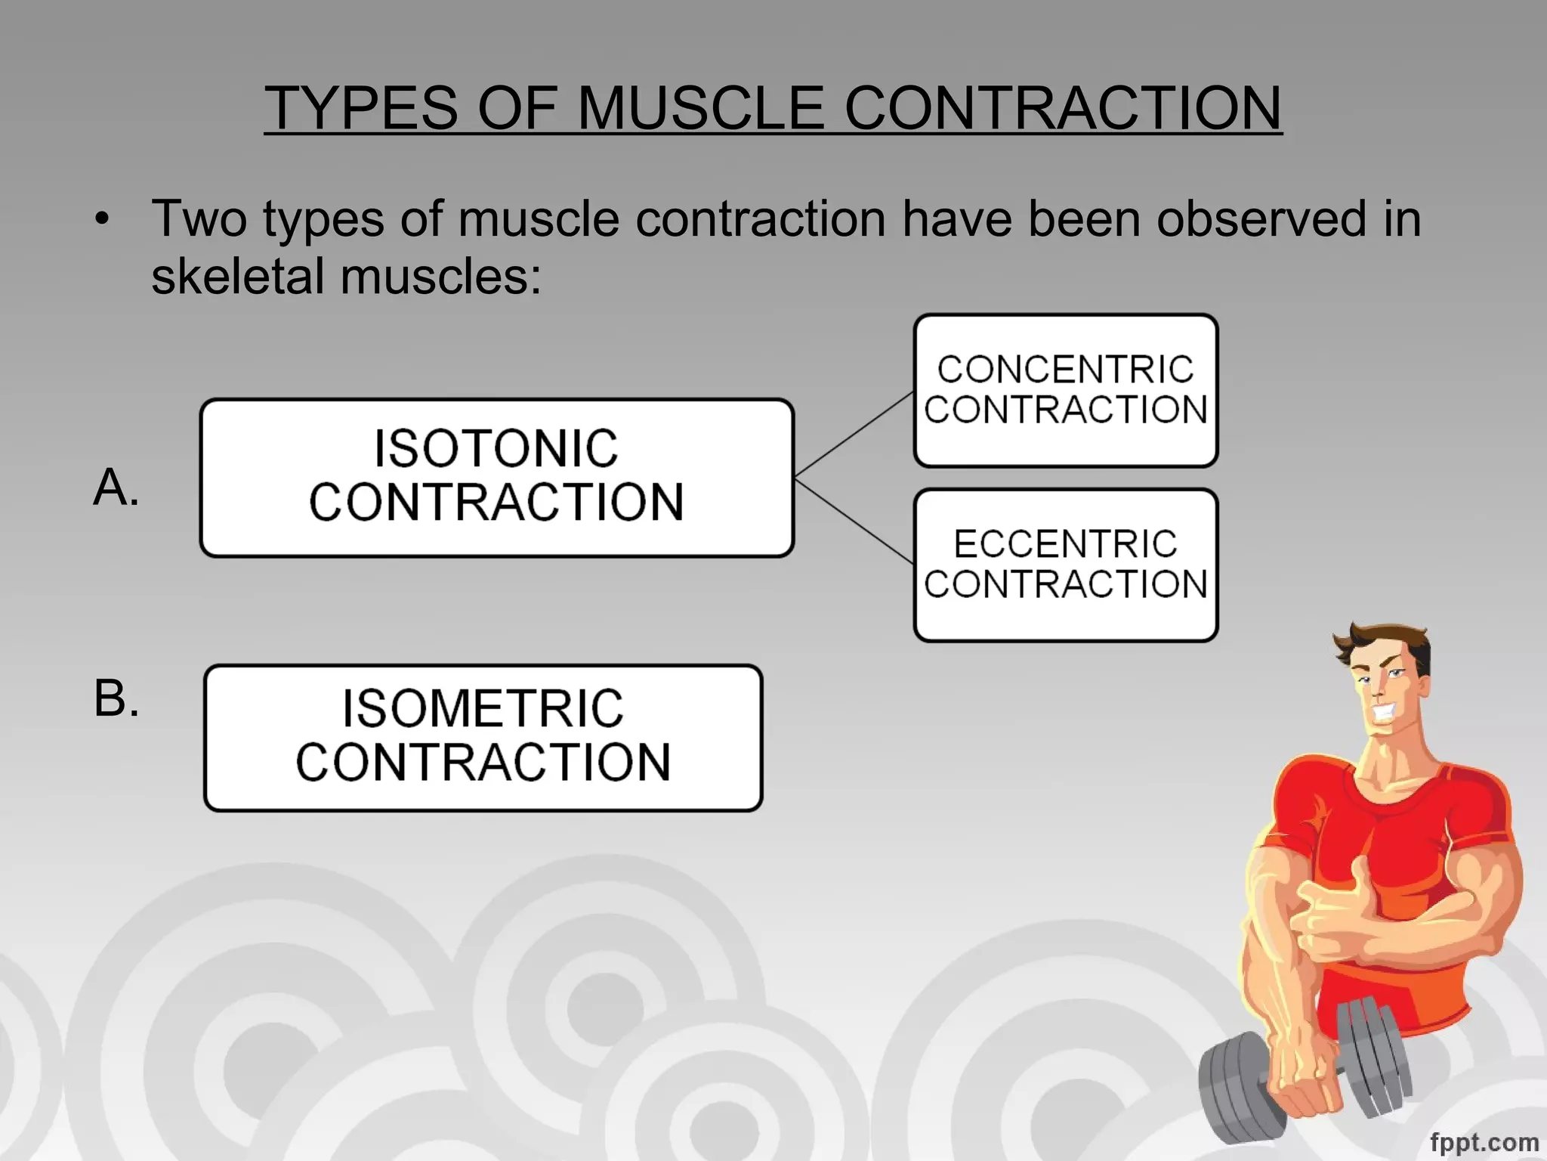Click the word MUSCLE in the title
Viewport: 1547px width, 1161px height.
click(x=700, y=107)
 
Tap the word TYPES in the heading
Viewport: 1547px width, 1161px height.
click(x=361, y=107)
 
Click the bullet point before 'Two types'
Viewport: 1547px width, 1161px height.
click(x=103, y=220)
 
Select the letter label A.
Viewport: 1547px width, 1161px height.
click(x=116, y=488)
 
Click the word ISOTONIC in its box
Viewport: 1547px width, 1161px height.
click(x=496, y=449)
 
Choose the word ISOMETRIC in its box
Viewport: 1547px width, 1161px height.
click(x=483, y=709)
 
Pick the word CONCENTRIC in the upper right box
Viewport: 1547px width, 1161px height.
click(x=1065, y=370)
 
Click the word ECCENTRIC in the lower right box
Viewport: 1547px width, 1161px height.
click(x=1065, y=544)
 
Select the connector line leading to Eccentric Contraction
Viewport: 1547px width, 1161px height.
click(x=854, y=522)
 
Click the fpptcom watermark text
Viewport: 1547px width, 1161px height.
click(x=1484, y=1142)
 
